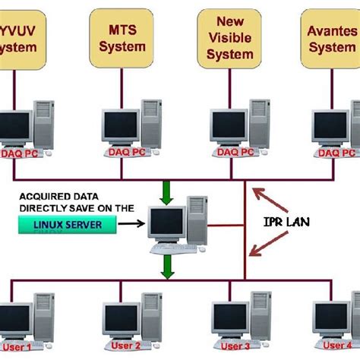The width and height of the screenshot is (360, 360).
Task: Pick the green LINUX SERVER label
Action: pos(68,223)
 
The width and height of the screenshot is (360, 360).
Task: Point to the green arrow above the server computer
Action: pos(167,193)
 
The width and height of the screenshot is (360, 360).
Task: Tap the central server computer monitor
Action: pos(166,223)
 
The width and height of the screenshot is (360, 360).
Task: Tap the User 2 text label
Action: pos(122,346)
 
